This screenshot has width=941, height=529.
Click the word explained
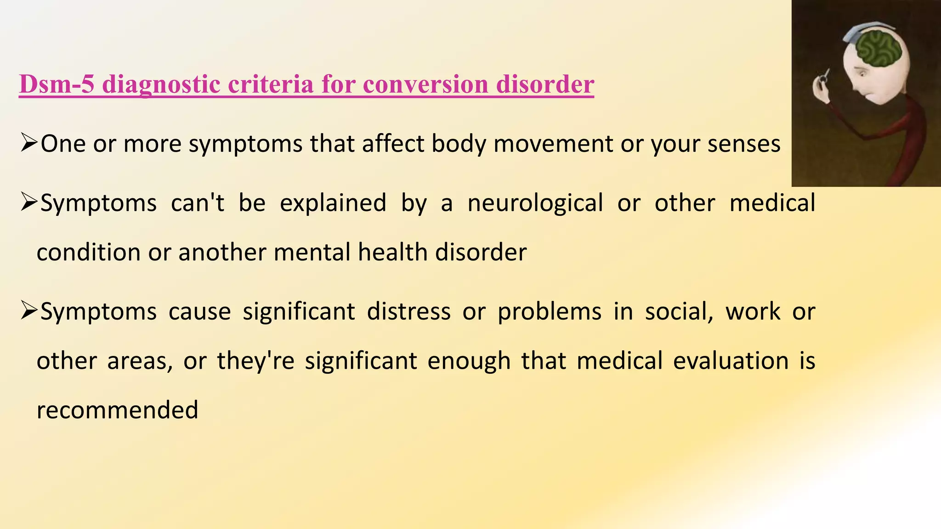tap(333, 203)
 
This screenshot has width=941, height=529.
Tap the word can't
tap(198, 203)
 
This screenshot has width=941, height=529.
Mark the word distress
tap(409, 311)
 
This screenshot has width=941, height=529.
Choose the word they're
tap(255, 361)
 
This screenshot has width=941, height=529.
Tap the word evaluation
tap(731, 360)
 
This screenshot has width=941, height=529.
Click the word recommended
tap(117, 410)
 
